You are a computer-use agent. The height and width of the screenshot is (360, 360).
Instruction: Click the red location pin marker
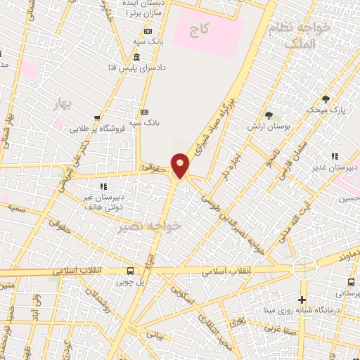[x=180, y=165]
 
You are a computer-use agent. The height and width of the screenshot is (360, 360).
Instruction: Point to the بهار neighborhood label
[x=64, y=105]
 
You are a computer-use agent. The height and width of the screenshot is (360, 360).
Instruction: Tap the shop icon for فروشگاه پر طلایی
[x=97, y=118]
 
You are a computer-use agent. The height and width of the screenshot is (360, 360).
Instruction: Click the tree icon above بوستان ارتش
[x=269, y=115]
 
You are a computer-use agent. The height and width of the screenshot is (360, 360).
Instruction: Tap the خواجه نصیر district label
[x=161, y=226]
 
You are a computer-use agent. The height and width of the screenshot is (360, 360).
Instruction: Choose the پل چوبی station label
[x=130, y=282]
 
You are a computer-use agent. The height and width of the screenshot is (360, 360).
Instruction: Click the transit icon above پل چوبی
[x=130, y=271]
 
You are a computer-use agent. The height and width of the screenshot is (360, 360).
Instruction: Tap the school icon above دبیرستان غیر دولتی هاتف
[x=103, y=186]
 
